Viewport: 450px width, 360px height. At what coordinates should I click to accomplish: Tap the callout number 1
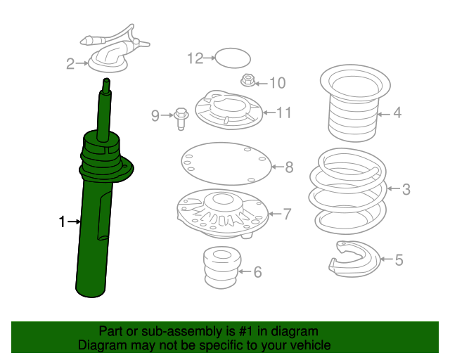[62, 222]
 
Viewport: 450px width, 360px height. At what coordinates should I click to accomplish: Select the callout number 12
[195, 58]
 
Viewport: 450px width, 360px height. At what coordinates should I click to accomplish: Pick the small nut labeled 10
[248, 80]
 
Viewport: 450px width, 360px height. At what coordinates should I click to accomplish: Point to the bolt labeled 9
[181, 118]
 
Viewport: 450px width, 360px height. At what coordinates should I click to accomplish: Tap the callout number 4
[397, 112]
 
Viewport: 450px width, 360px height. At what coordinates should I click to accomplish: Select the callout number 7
[288, 214]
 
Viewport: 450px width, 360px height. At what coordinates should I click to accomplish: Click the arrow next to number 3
[394, 188]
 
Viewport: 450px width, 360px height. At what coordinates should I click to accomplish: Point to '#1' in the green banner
[245, 331]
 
